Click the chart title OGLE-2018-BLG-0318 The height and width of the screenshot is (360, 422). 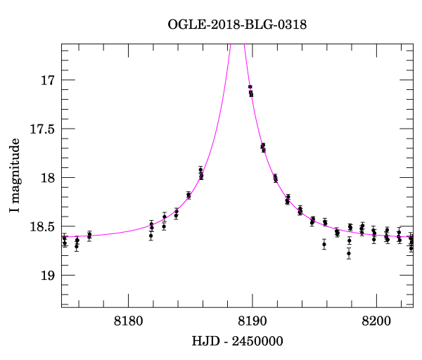pos(238,25)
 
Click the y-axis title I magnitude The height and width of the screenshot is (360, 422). pos(15,176)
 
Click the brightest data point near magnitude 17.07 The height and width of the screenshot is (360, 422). pos(250,87)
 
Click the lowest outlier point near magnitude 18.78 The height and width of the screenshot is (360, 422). pos(349,253)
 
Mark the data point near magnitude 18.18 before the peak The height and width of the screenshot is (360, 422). pos(188,195)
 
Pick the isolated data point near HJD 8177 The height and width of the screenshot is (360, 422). pos(89,235)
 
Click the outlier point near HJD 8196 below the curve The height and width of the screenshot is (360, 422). pos(324,244)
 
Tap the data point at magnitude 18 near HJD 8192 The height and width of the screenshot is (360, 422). pos(276,178)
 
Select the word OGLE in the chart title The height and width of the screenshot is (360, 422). pos(185,25)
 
